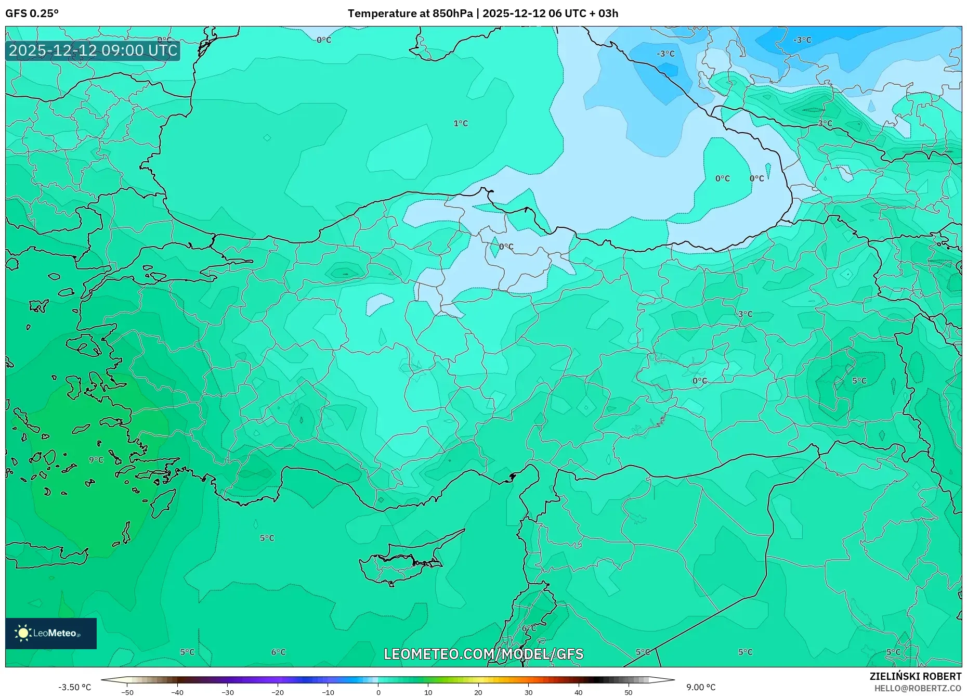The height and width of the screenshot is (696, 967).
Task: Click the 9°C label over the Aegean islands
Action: (x=96, y=460)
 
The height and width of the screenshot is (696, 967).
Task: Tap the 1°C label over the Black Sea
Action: (x=461, y=123)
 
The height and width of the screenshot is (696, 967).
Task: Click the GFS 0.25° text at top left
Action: (x=32, y=14)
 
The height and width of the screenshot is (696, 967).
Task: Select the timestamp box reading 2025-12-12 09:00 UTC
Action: (x=93, y=51)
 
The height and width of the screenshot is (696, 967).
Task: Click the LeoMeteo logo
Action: (x=51, y=633)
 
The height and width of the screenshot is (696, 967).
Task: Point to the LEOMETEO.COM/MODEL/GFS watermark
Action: (x=483, y=654)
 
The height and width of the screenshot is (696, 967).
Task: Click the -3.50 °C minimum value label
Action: (x=74, y=687)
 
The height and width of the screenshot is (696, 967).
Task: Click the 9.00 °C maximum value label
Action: (x=700, y=687)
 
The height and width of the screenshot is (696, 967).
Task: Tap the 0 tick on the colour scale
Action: (x=378, y=692)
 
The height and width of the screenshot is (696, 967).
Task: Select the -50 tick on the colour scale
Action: (x=127, y=692)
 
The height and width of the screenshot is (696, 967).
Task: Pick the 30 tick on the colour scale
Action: (x=528, y=692)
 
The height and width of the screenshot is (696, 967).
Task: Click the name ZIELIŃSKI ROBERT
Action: (x=915, y=676)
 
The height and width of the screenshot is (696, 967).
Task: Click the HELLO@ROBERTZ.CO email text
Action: (x=918, y=688)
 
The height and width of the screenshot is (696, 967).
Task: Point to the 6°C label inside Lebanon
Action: (x=529, y=628)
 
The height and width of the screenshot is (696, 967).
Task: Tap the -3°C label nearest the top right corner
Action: (x=802, y=40)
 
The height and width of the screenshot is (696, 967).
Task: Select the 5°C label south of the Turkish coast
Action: (x=267, y=538)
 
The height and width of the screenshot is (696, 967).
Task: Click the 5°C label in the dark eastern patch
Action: (x=859, y=381)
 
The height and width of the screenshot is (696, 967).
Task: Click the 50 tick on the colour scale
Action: (x=628, y=692)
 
